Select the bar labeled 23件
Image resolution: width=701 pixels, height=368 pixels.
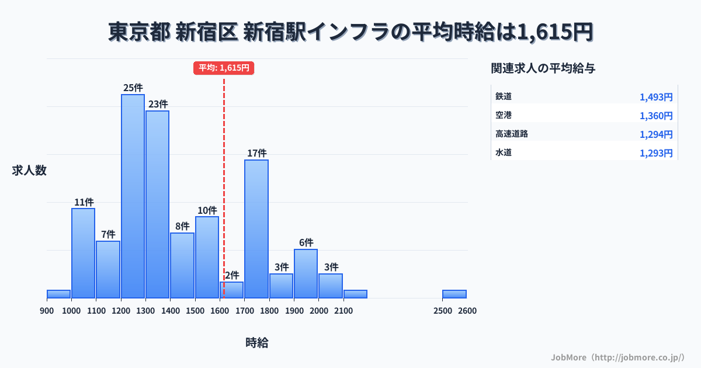click(157, 204)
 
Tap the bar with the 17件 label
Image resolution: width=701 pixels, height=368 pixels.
click(256, 228)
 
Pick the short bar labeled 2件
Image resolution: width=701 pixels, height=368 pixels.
click(231, 290)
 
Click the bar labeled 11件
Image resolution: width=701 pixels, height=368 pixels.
click(83, 253)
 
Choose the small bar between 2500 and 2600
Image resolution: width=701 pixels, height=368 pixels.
click(454, 294)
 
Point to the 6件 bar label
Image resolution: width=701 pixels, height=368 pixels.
click(306, 242)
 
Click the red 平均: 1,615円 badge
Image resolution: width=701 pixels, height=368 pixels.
click(224, 68)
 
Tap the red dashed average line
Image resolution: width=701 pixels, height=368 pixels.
click(224, 175)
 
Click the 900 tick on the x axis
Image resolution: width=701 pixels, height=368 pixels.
click(47, 311)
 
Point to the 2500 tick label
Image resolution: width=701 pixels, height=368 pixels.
click(443, 311)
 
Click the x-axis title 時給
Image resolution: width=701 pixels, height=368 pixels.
click(257, 343)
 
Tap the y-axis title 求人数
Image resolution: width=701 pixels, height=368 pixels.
click(29, 171)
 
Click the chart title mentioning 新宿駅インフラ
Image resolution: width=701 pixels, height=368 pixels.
click(350, 32)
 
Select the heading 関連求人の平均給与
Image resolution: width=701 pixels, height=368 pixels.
click(543, 68)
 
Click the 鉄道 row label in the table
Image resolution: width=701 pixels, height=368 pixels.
click(504, 96)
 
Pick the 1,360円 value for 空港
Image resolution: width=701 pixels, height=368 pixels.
click(655, 116)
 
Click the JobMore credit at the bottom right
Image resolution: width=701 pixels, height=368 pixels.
click(618, 357)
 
